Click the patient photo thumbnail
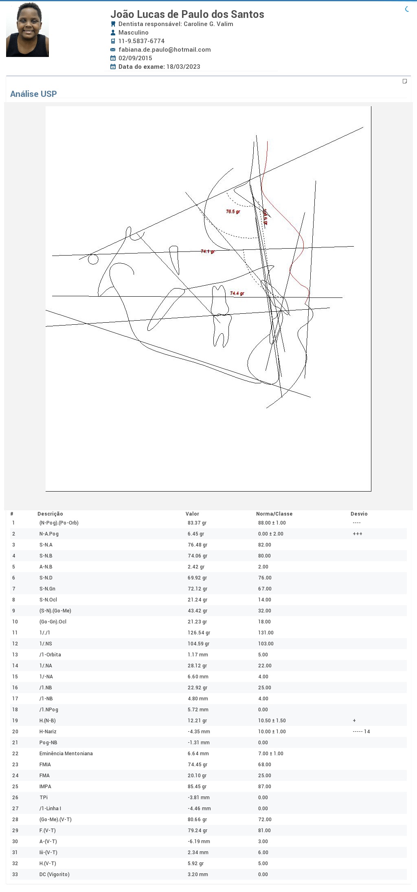(x=27, y=30)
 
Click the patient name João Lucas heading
(x=187, y=14)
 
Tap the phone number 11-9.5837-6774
(x=141, y=41)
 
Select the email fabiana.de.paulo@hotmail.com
(x=165, y=50)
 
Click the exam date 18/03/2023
(x=183, y=67)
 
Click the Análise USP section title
(x=33, y=94)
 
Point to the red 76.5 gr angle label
(x=233, y=212)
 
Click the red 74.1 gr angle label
(x=208, y=251)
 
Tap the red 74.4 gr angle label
(x=237, y=293)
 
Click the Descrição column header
(x=50, y=514)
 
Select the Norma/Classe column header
(x=274, y=514)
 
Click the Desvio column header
(x=359, y=514)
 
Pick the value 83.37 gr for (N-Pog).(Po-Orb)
(x=197, y=523)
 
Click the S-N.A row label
(x=46, y=545)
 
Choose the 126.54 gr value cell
(x=199, y=633)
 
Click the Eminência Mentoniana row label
(x=66, y=754)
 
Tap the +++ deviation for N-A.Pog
(x=357, y=534)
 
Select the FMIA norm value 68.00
(x=264, y=765)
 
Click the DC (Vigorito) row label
(x=54, y=875)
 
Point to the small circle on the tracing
(x=93, y=259)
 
